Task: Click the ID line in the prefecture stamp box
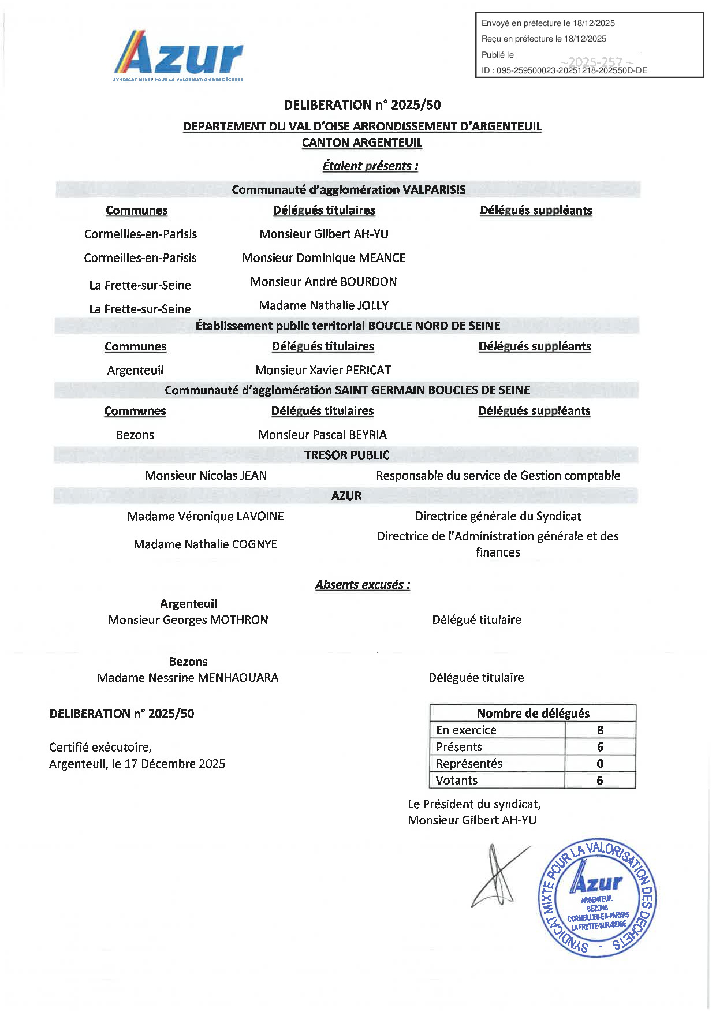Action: coord(564,70)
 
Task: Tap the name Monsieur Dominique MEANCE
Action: coord(323,257)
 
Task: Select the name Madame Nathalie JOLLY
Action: coord(323,305)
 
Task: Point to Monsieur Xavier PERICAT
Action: coord(323,370)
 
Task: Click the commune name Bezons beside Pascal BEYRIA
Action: coord(135,435)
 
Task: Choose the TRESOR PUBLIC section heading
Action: coord(346,455)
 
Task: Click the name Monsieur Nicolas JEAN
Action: coord(206,476)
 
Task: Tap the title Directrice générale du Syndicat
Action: coord(498,516)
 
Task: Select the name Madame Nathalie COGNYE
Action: coord(205,544)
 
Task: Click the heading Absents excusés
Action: coord(362,585)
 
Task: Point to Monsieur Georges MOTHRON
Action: coord(188,620)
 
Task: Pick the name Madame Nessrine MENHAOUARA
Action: coord(188,678)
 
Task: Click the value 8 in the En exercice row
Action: coord(600,730)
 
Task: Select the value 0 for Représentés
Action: coord(600,764)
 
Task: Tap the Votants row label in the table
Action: coord(457,781)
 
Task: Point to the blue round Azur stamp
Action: coord(597,898)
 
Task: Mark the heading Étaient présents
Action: coord(370,166)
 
